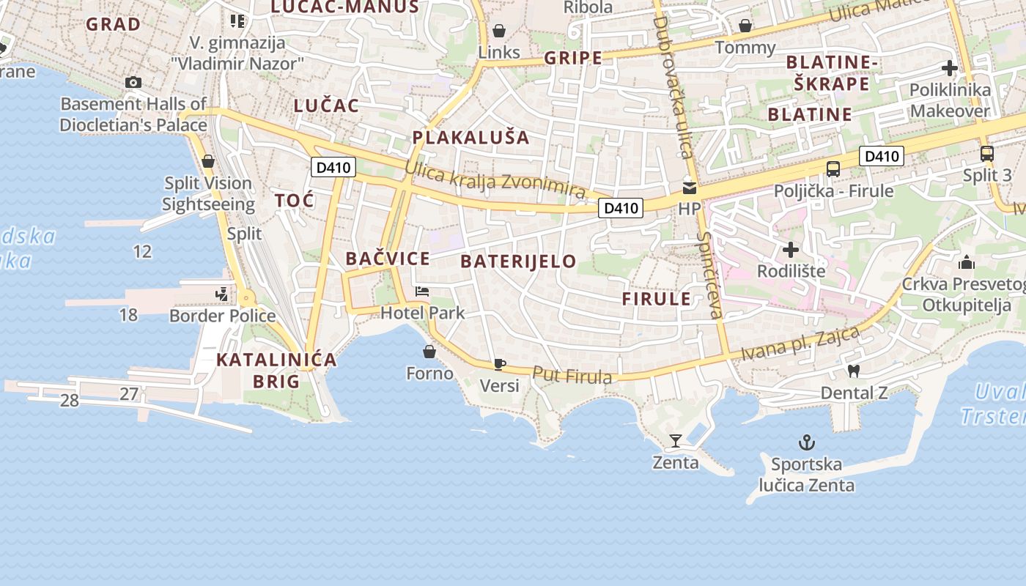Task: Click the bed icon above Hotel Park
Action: click(421, 292)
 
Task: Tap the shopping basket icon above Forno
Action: click(429, 352)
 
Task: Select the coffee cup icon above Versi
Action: click(500, 364)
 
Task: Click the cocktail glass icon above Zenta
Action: click(675, 440)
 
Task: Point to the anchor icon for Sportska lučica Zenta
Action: click(806, 442)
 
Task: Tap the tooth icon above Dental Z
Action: click(853, 371)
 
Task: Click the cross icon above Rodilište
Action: click(790, 249)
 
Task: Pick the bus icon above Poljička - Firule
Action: click(833, 169)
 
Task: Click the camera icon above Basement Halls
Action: click(133, 82)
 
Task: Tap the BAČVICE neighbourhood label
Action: click(388, 259)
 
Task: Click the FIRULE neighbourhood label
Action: click(657, 299)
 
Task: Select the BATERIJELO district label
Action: click(518, 262)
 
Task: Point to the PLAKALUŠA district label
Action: click(470, 137)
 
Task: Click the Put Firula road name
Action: click(572, 375)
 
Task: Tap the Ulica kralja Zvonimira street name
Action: click(495, 181)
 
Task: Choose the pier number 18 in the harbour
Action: click(128, 315)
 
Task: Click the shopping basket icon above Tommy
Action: click(745, 26)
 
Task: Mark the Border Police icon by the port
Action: click(221, 294)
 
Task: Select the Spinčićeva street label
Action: click(710, 275)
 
